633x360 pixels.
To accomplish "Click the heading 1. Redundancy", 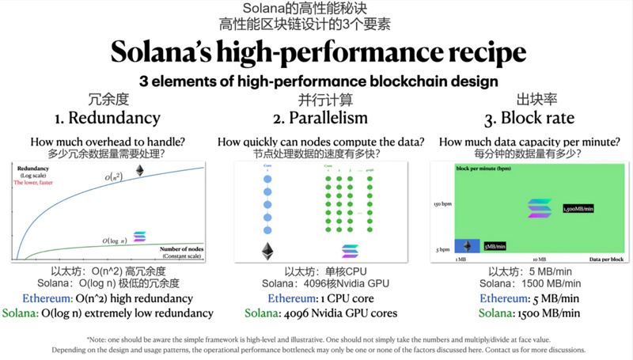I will tap(108, 118).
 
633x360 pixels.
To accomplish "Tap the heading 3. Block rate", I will tap(525, 118).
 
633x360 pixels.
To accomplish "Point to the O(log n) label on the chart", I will tap(117, 239).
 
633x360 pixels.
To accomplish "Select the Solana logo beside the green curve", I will tap(140, 236).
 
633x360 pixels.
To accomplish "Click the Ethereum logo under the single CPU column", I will tap(267, 252).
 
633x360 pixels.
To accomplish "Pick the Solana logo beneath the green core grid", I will tap(349, 252).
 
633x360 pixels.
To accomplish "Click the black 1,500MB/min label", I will tap(577, 209).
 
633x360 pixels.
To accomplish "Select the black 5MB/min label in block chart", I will tap(495, 246).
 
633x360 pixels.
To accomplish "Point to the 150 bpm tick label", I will tap(442, 204).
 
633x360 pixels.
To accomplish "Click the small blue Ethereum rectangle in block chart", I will tap(465, 245).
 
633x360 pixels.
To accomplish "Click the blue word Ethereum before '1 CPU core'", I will tap(292, 299).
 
